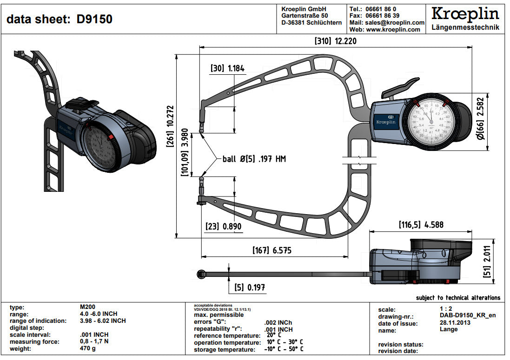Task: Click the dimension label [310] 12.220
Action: (336, 41)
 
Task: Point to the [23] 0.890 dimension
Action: (224, 226)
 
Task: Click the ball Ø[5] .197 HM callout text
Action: (254, 159)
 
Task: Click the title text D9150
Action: (94, 20)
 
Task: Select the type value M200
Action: (88, 307)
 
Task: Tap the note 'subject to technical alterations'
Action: (458, 298)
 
